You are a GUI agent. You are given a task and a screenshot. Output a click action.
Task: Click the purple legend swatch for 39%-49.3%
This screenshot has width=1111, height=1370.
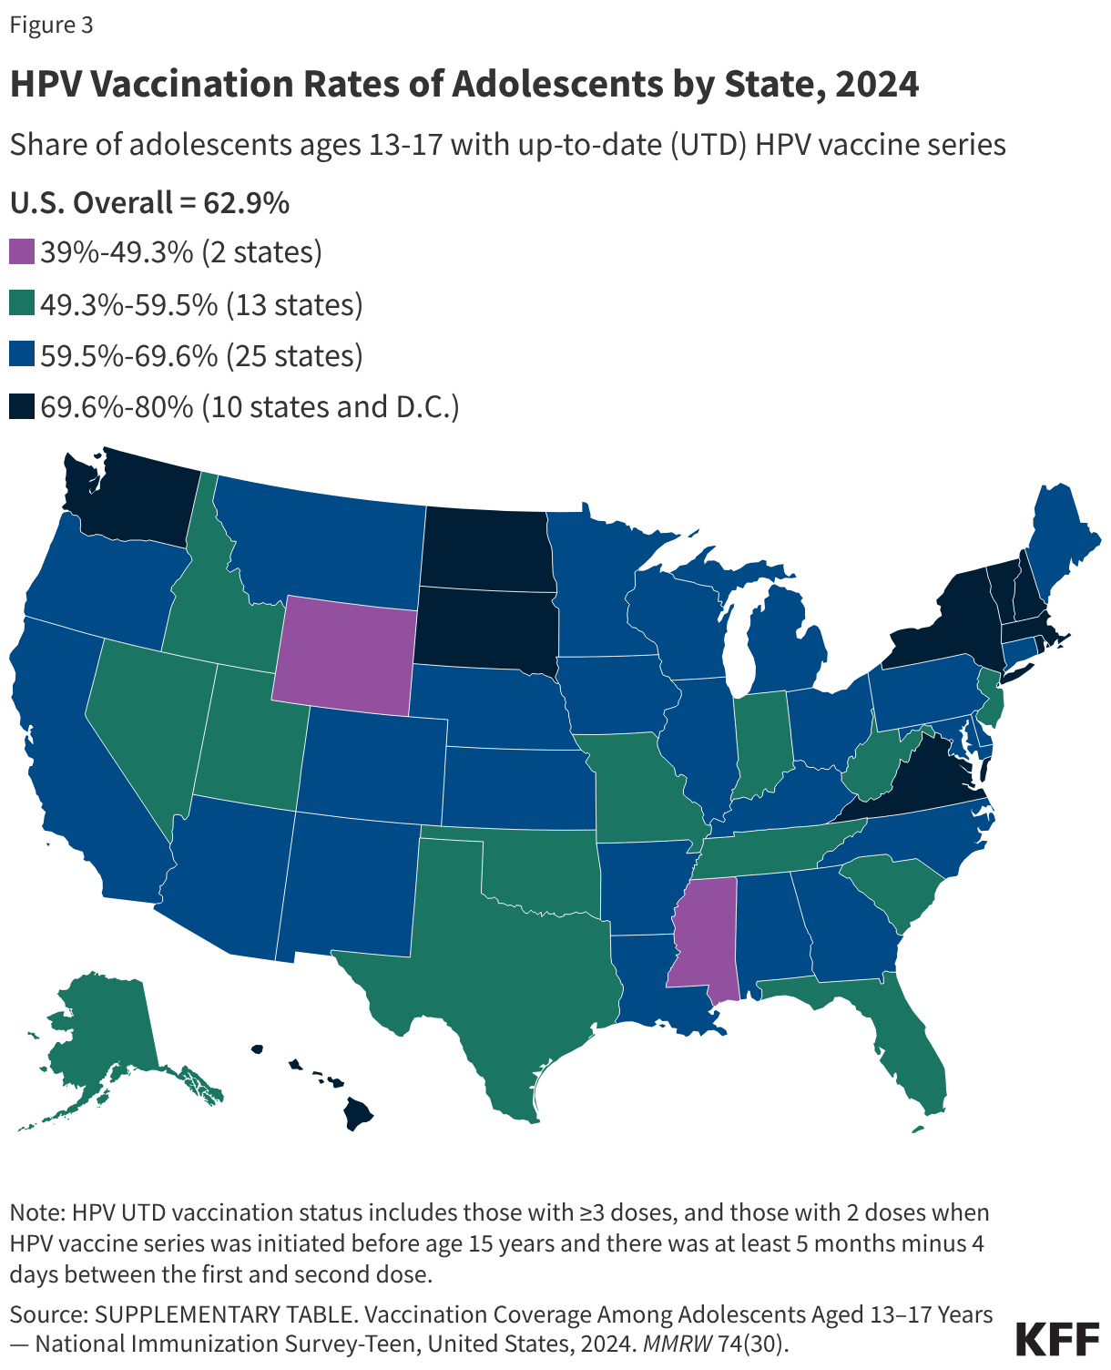tap(22, 252)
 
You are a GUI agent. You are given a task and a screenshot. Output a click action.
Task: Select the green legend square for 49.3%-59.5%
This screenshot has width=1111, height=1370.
tap(22, 304)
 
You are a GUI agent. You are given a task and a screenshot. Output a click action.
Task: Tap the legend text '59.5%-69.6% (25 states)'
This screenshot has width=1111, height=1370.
tap(201, 355)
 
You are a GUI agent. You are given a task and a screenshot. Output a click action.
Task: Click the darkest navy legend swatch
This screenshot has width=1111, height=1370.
tap(22, 407)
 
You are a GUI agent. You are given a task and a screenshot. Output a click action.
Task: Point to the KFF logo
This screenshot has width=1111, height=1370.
tap(1057, 1339)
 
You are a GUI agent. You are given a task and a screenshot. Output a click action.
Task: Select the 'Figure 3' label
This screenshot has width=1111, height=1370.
tap(52, 26)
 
